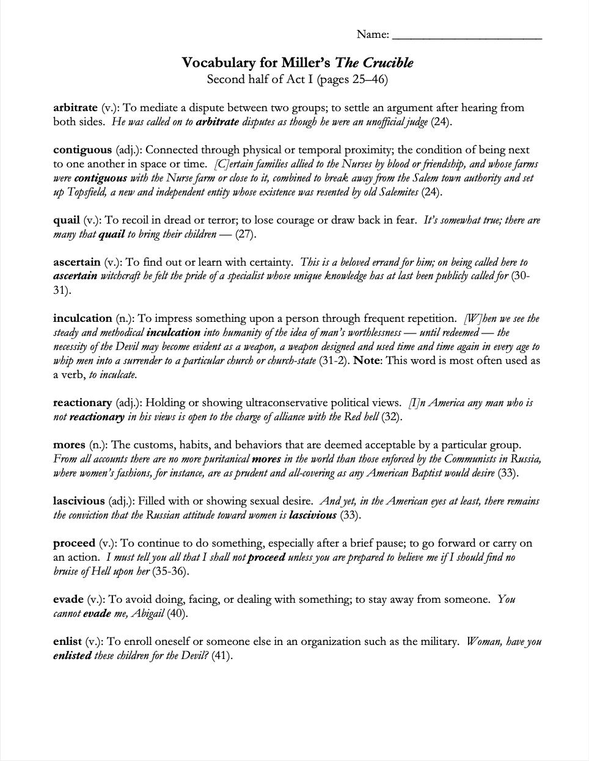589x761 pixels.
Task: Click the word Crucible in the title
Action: click(x=388, y=63)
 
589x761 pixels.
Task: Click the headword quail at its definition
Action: click(x=66, y=220)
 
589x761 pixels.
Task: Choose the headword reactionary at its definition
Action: click(x=82, y=402)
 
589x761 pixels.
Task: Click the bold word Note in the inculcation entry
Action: click(x=367, y=360)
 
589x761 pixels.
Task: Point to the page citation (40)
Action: click(x=178, y=613)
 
